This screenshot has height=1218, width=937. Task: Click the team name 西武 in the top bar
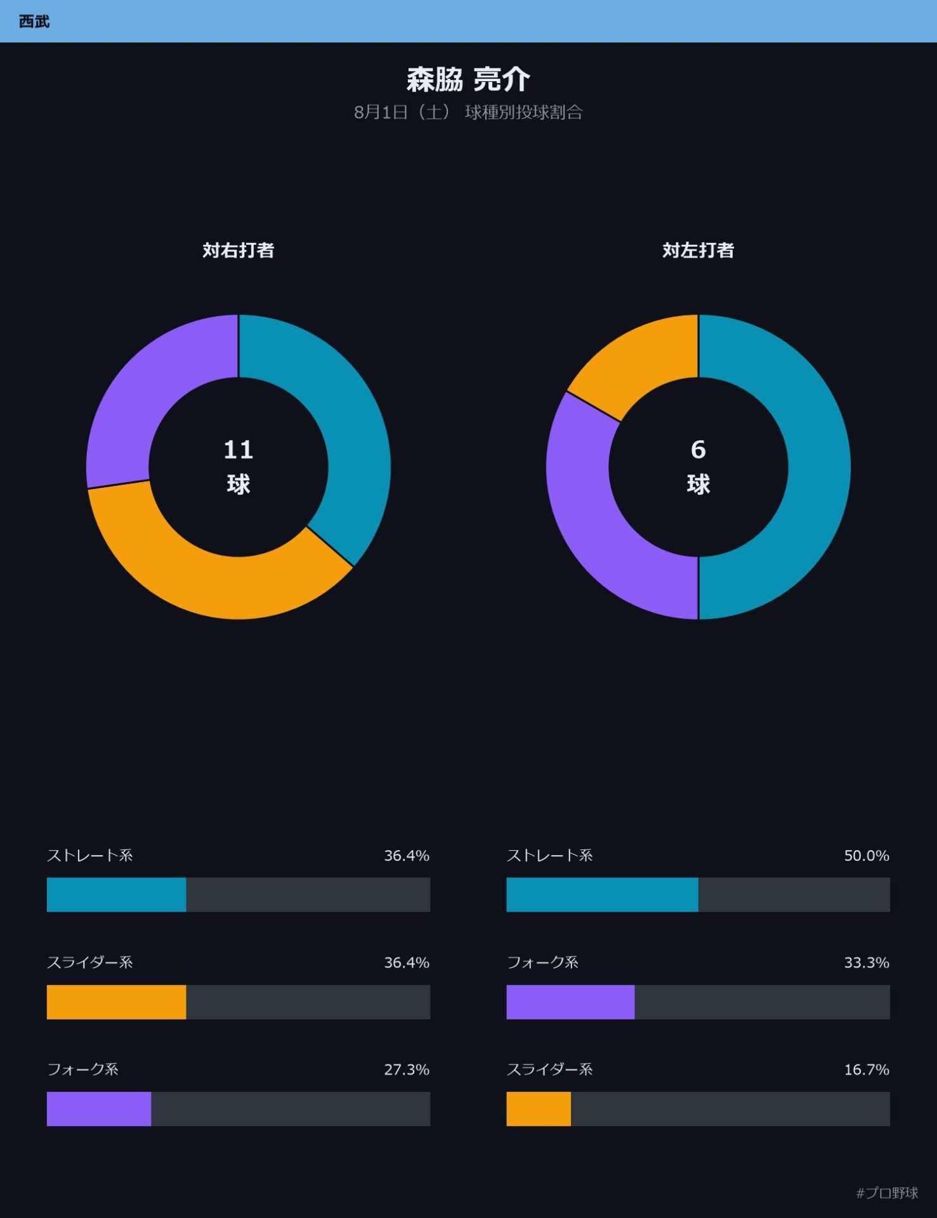point(34,22)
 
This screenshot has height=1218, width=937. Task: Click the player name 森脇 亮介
point(468,79)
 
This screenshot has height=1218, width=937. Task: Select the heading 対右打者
point(239,250)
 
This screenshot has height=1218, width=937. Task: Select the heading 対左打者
point(698,250)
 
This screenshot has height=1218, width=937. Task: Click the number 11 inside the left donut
point(239,450)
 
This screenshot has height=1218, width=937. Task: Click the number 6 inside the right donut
point(698,450)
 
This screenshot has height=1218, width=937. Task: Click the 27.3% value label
point(407,1070)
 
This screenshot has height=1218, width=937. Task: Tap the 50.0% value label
point(867,856)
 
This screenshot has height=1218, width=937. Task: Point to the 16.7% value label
point(867,1070)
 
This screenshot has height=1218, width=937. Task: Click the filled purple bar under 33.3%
point(570,1002)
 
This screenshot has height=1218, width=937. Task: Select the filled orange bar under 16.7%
point(539,1109)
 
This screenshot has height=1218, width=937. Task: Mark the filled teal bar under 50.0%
point(602,895)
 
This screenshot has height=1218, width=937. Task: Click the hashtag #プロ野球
point(887,1193)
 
